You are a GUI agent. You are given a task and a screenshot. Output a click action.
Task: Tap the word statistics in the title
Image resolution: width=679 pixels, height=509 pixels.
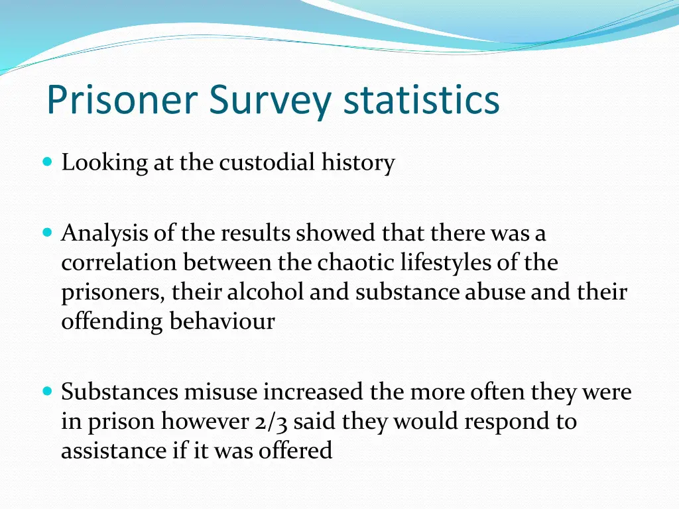(422, 100)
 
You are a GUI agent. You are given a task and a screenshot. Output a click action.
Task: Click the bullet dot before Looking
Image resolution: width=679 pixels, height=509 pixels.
(46, 161)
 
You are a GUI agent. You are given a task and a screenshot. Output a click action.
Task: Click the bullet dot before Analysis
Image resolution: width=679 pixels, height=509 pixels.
(46, 233)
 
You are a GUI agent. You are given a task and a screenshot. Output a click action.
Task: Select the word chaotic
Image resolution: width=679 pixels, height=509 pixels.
(356, 263)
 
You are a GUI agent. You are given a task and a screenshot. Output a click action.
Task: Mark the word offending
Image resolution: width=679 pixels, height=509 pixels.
(113, 321)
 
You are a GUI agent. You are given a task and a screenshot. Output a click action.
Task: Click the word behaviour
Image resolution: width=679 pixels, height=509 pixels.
(222, 321)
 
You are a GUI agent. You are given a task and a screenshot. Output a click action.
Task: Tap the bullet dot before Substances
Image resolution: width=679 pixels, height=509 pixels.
(46, 392)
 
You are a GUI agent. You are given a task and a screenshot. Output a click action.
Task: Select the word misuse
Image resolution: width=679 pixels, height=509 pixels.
(221, 392)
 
